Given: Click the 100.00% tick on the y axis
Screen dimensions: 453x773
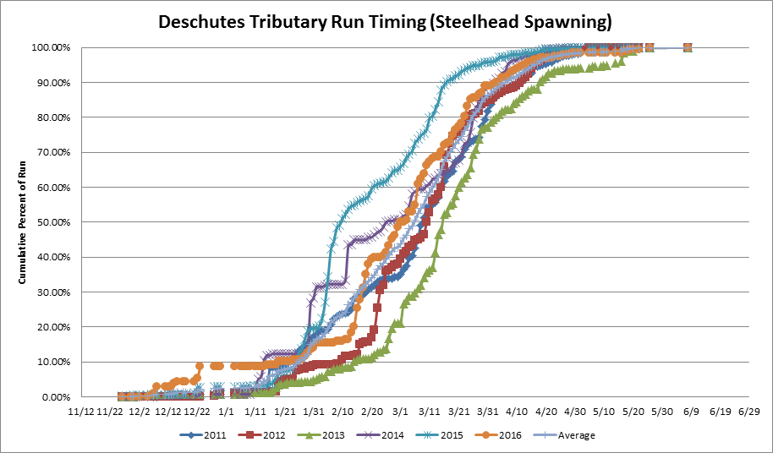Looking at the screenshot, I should point(53,47).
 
